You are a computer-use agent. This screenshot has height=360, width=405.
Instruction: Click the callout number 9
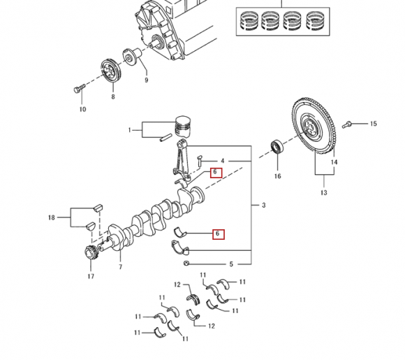coord(147,80)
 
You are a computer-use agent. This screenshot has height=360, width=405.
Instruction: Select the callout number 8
coord(113,96)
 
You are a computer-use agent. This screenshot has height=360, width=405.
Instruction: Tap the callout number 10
coord(82,109)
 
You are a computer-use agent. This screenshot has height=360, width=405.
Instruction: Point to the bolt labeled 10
coord(79,88)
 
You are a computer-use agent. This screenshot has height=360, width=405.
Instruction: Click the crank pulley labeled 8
coord(110,71)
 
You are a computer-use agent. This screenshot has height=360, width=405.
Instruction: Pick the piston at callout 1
coord(183,126)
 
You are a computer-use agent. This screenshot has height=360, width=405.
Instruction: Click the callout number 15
coord(374,124)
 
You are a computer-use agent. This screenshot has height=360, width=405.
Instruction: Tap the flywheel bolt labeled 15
coord(346,124)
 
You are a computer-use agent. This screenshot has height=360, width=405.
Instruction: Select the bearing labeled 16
coord(277,147)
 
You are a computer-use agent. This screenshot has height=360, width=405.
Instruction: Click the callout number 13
coord(323,192)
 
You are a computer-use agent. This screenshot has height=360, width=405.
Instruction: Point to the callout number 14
coord(334,162)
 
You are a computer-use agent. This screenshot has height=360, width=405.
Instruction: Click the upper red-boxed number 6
coord(216,173)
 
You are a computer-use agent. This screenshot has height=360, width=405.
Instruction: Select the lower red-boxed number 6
coord(219,234)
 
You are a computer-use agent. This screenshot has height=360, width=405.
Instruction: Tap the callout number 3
coord(263,205)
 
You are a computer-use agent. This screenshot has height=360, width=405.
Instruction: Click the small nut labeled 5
coord(186,264)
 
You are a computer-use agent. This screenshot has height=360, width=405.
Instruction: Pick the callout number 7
coord(120,267)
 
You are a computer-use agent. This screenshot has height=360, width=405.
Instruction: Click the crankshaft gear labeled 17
coord(91,252)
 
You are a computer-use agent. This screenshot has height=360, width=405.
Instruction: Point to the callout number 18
coord(52,217)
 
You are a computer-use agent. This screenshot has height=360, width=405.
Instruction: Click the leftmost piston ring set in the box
coord(249,21)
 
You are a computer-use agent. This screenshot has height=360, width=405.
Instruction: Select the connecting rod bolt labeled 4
coord(200,161)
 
